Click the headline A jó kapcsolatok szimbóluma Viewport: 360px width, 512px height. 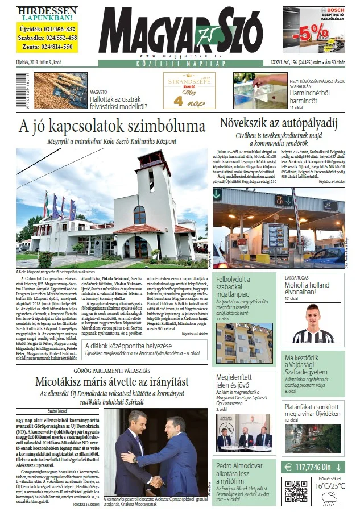111,126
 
